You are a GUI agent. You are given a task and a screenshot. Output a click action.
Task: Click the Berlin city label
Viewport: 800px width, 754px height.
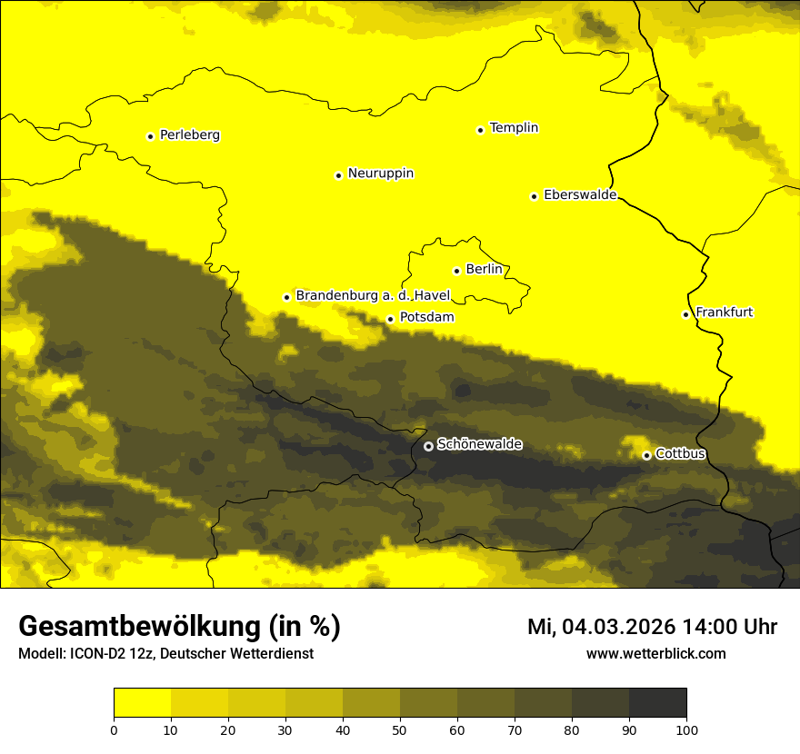[484, 270]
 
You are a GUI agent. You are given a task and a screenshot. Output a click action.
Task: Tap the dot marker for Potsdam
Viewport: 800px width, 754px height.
[390, 319]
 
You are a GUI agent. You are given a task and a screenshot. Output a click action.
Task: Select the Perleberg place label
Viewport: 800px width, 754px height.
[189, 135]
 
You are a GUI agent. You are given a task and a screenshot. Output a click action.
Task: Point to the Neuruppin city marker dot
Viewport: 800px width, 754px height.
[338, 175]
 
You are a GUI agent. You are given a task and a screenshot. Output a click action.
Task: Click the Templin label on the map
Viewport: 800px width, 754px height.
[514, 128]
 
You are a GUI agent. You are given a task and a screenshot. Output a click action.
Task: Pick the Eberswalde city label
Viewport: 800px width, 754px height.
[579, 195]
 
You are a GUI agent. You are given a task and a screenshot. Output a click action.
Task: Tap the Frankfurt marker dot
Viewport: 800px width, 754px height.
[685, 314]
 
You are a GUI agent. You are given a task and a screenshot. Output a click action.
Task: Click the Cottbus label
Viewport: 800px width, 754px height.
[680, 454]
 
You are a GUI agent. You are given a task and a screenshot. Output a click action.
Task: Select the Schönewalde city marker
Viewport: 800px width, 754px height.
[428, 446]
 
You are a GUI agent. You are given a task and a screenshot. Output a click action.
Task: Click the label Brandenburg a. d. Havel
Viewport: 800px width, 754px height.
[373, 296]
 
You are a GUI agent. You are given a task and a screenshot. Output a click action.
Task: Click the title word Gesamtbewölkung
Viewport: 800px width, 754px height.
[137, 627]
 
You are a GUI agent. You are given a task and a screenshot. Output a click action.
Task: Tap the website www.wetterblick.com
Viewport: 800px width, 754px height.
[655, 654]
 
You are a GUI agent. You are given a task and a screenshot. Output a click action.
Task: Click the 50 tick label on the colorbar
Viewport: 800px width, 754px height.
[400, 729]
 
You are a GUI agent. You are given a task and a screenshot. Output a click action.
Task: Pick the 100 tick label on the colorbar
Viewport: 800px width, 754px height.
[686, 729]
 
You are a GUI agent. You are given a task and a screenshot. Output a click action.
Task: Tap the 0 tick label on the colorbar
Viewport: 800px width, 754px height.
[114, 729]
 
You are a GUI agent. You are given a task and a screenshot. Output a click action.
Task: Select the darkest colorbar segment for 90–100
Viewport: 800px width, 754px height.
[657, 702]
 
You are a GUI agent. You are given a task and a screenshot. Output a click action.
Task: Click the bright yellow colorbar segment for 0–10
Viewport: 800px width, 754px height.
[142, 702]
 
